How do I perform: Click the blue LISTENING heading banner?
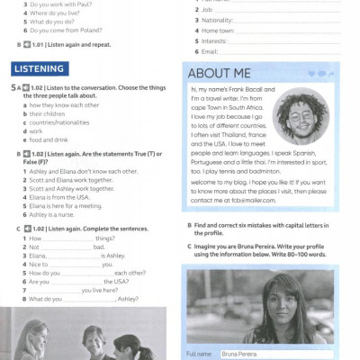[39, 69]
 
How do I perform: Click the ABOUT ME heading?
[216, 74]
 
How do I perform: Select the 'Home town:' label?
[219, 30]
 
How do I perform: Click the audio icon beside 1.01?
[27, 43]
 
